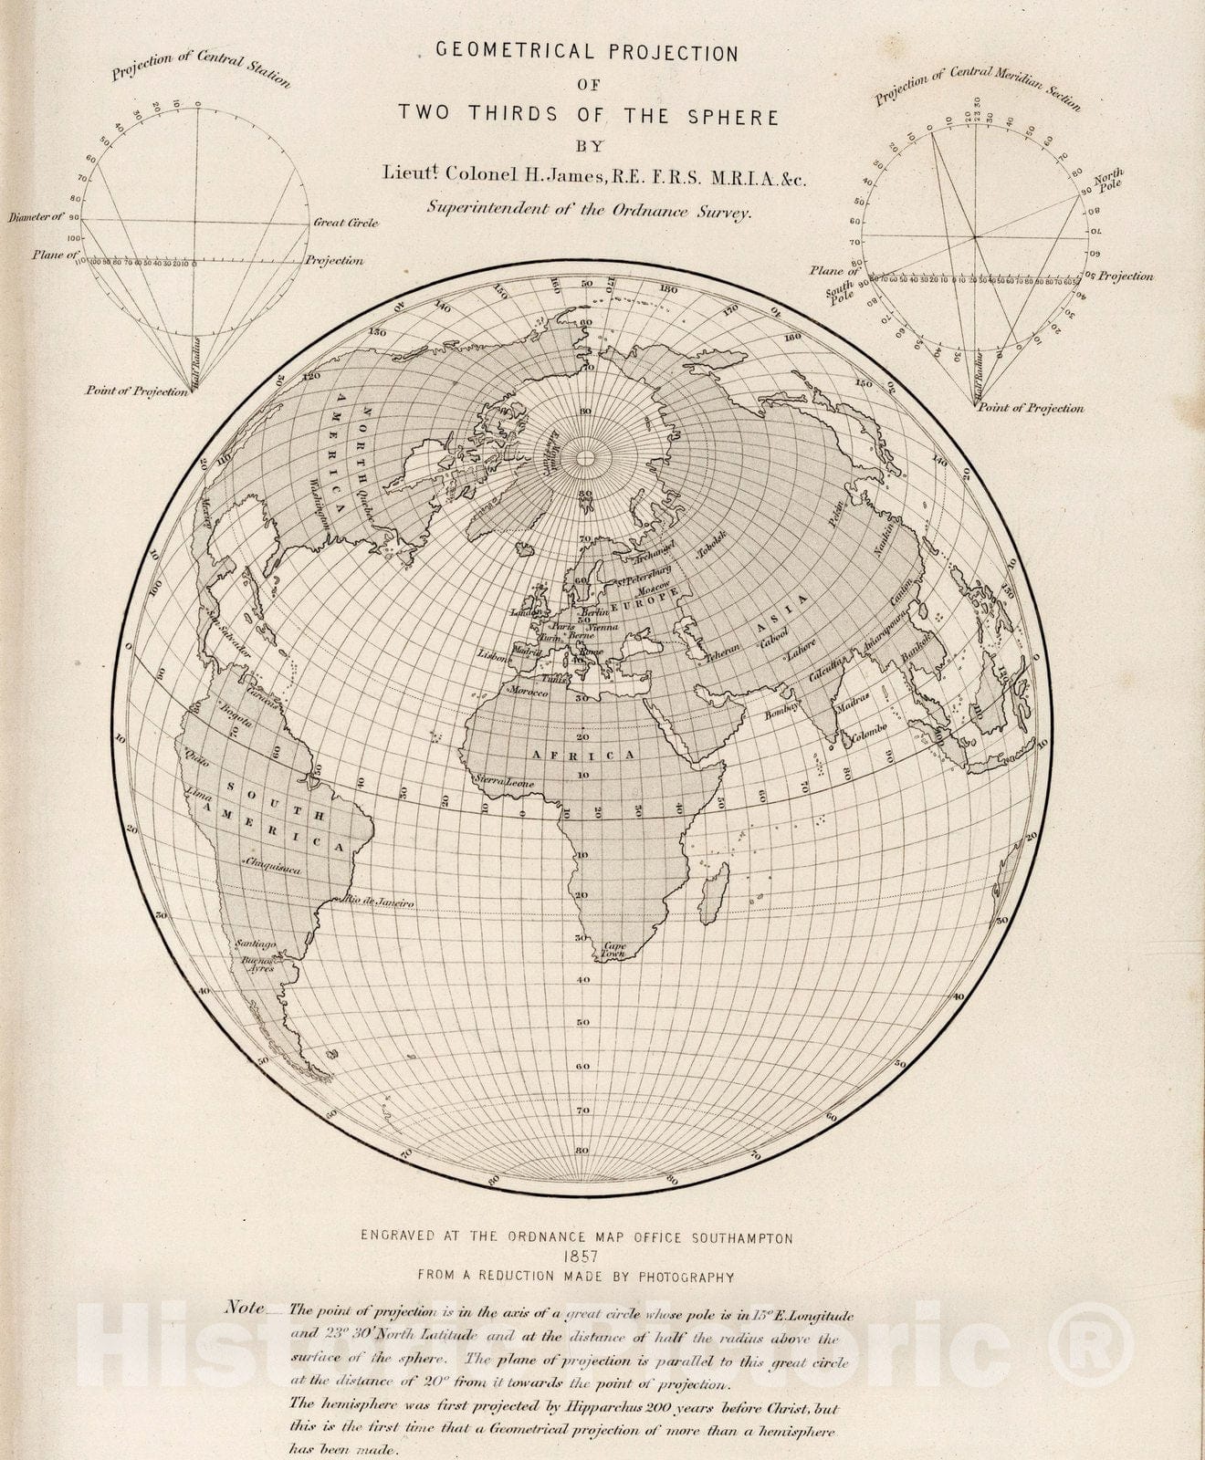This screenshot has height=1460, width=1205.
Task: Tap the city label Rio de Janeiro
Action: pos(378,902)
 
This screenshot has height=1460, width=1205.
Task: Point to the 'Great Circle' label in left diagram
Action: pos(345,222)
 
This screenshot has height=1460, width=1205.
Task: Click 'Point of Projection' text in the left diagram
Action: pos(137,391)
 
